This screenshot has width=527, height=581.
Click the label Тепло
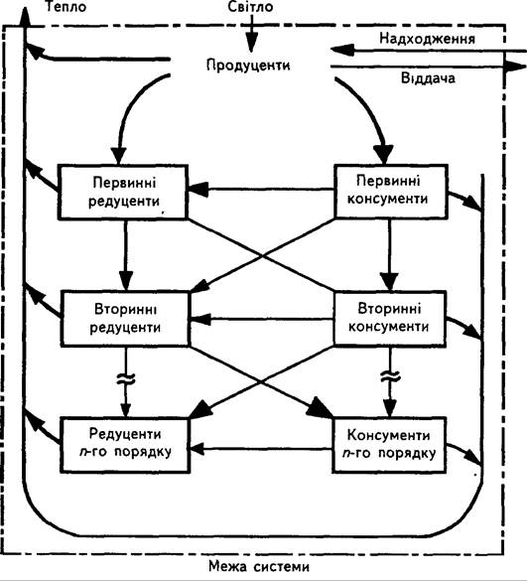pyautogui.click(x=66, y=7)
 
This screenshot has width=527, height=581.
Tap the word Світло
pyautogui.click(x=251, y=7)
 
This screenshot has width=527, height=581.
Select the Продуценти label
pyautogui.click(x=248, y=66)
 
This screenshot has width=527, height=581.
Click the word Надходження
pyautogui.click(x=427, y=39)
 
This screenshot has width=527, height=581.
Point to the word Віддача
pyautogui.click(x=428, y=78)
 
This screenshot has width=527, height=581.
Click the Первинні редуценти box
pyautogui.click(x=123, y=193)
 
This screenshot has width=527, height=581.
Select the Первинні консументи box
pyautogui.click(x=391, y=191)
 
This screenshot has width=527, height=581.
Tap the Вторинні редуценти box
pyautogui.click(x=125, y=319)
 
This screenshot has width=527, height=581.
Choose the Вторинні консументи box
pyautogui.click(x=389, y=318)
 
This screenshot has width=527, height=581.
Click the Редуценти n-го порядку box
pyautogui.click(x=125, y=445)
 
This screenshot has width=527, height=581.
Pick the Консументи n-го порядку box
pyautogui.click(x=389, y=445)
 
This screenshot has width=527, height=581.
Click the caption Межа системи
pyautogui.click(x=259, y=566)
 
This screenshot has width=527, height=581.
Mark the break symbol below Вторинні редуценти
pyautogui.click(x=126, y=378)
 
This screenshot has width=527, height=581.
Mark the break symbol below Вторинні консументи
pyautogui.click(x=390, y=376)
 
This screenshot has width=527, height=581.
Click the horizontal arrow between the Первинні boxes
pyautogui.click(x=261, y=190)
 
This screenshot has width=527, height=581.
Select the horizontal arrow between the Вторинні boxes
pyautogui.click(x=262, y=319)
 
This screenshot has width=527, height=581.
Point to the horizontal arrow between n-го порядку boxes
pyautogui.click(x=261, y=449)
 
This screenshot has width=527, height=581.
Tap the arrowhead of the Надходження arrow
pyautogui.click(x=342, y=50)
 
